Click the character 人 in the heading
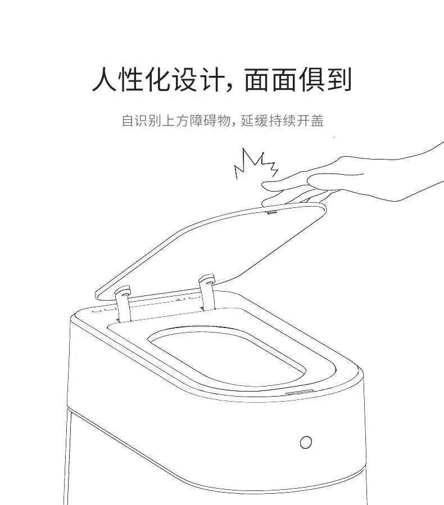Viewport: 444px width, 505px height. tap(104, 79)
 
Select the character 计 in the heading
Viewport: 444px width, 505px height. tap(212, 79)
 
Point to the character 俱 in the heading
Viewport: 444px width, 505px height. tap(311, 79)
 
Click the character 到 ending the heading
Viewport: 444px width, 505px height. tap(339, 79)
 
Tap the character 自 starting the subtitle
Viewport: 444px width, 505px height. tap(128, 121)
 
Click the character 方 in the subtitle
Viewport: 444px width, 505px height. tap(181, 121)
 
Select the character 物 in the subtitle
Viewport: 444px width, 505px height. tap(224, 121)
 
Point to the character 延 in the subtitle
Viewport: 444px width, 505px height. tap(247, 121)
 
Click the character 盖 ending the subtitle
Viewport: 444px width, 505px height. tap(318, 121)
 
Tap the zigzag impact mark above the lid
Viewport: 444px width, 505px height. tap(256, 163)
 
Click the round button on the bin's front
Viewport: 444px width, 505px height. tap(306, 442)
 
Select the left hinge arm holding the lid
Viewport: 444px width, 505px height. tap(124, 304)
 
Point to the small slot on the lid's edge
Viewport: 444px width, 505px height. tap(272, 212)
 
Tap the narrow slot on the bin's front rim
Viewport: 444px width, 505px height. tap(300, 392)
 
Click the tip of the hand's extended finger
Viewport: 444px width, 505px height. tap(263, 185)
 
